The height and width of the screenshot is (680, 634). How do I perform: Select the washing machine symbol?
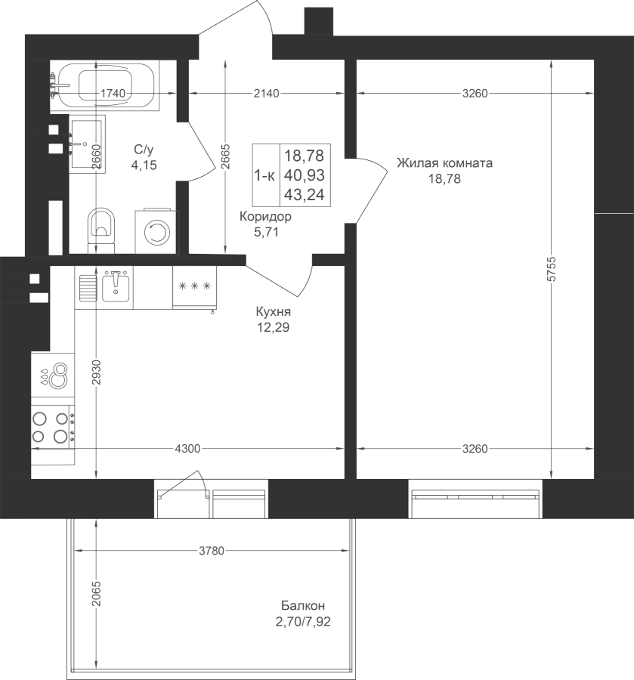[156, 232]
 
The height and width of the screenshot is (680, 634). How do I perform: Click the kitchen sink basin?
[116, 286]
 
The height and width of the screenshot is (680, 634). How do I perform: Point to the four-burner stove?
[52, 426]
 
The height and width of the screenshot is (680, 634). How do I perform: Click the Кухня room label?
[274, 312]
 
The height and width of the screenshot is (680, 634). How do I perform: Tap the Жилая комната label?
[444, 163]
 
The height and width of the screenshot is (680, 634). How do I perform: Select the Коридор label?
[265, 216]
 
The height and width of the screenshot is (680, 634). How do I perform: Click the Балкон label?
[303, 605]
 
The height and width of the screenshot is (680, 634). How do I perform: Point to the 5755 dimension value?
[551, 269]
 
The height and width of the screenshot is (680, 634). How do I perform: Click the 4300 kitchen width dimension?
[187, 448]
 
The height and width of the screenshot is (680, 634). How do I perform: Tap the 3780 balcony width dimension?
[212, 551]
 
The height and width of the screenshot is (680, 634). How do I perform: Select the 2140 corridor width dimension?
[266, 93]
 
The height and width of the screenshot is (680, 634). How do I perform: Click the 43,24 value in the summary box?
[305, 195]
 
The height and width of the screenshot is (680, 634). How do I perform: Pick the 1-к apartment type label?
[264, 175]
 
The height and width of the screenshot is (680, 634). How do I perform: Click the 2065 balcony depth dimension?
[96, 595]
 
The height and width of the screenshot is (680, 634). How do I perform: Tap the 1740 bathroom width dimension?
[113, 93]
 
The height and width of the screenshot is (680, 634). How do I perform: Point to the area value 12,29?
[274, 327]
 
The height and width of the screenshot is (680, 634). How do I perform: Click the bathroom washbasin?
[87, 144]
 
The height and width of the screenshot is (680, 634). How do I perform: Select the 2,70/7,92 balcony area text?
[303, 622]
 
